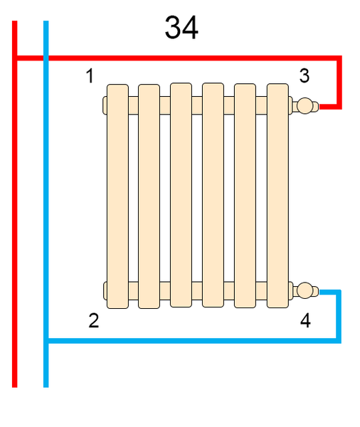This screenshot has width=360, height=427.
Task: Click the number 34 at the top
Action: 181,28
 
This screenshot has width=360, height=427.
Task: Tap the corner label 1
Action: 90,75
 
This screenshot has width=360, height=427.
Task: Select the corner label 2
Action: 94,320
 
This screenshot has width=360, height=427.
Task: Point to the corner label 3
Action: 305,75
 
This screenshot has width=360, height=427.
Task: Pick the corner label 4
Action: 305,320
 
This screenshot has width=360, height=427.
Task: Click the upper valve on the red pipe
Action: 305,105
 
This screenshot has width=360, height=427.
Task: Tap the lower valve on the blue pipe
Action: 305,290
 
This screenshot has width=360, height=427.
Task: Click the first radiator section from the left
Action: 117,196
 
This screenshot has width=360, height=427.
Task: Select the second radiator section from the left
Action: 149,196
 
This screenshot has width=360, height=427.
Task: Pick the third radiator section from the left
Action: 181,195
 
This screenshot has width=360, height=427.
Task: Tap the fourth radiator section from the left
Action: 213,195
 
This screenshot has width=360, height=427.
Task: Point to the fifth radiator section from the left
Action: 245,196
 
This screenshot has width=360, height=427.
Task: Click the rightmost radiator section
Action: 277,196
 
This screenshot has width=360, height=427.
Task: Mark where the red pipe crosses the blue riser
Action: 46,58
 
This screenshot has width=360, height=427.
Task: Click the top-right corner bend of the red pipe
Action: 339,58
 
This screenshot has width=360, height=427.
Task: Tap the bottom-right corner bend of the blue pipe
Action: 339,341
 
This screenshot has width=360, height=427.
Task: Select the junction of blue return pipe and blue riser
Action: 46,341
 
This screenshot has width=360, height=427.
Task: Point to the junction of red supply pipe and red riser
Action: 15,58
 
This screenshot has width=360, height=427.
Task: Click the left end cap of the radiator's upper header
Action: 105,105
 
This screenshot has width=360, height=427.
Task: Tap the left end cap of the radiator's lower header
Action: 105,291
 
